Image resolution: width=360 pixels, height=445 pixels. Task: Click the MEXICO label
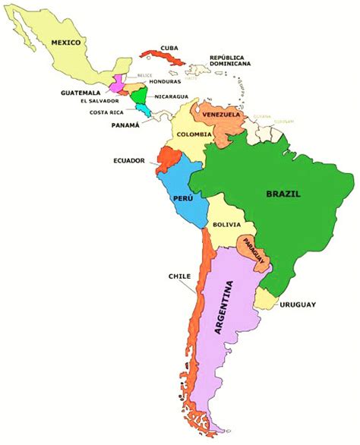coord(66,43)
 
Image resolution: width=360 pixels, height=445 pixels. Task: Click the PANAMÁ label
coord(125,125)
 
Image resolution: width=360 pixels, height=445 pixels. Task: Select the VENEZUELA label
coord(221,115)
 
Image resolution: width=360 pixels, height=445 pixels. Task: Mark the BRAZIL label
coord(283,194)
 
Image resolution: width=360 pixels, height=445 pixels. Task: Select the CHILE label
coord(180,276)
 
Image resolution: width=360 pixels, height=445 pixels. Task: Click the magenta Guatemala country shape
coord(118,84)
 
